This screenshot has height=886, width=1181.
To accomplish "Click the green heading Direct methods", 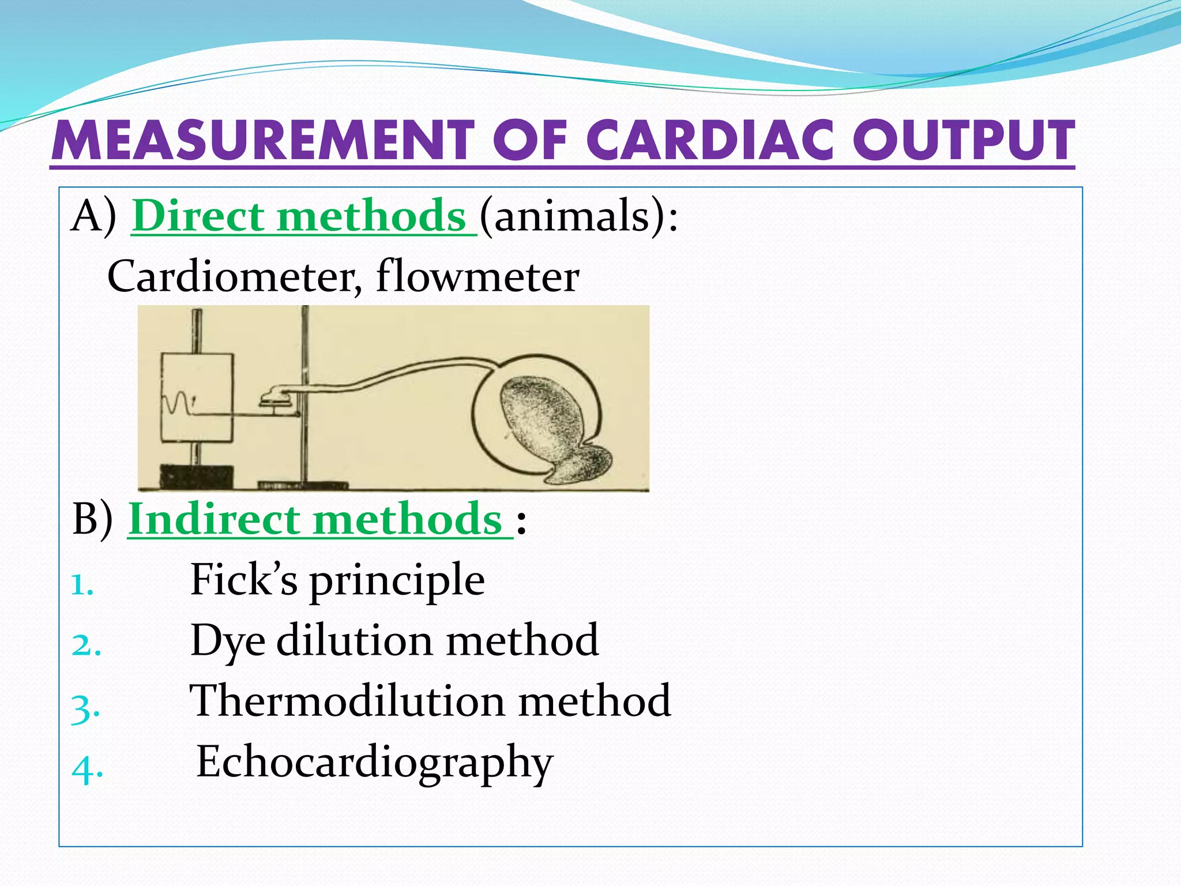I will [299, 216].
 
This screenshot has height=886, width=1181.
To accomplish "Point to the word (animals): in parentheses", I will [578, 216].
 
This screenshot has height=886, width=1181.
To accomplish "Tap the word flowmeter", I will [477, 277].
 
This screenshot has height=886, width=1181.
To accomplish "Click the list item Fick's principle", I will [337, 580].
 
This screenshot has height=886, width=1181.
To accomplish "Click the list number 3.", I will [85, 709].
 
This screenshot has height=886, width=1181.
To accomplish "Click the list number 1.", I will [82, 586].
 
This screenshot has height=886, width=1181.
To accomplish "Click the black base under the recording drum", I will [197, 476].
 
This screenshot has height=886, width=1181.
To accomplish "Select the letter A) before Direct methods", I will [93, 216].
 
